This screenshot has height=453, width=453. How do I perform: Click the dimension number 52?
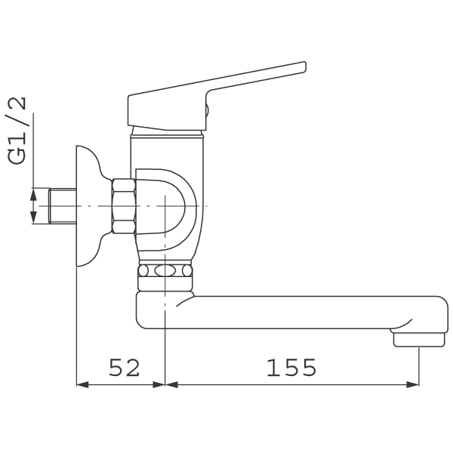tap(125, 368)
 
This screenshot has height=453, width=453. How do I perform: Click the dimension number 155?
tap(291, 368)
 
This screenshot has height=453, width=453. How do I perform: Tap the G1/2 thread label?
tap(17, 131)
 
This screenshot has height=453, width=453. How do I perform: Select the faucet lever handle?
tap(217, 96)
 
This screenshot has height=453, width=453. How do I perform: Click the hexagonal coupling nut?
tap(124, 206)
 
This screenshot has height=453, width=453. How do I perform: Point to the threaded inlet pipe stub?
tap(63, 206)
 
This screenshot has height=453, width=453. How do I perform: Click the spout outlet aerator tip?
tap(419, 340)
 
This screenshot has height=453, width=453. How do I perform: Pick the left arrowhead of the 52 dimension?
tap(82, 384)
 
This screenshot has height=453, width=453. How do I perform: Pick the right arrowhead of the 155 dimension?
tap(412, 384)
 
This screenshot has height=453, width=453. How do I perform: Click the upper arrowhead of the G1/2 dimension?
tap(34, 194)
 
